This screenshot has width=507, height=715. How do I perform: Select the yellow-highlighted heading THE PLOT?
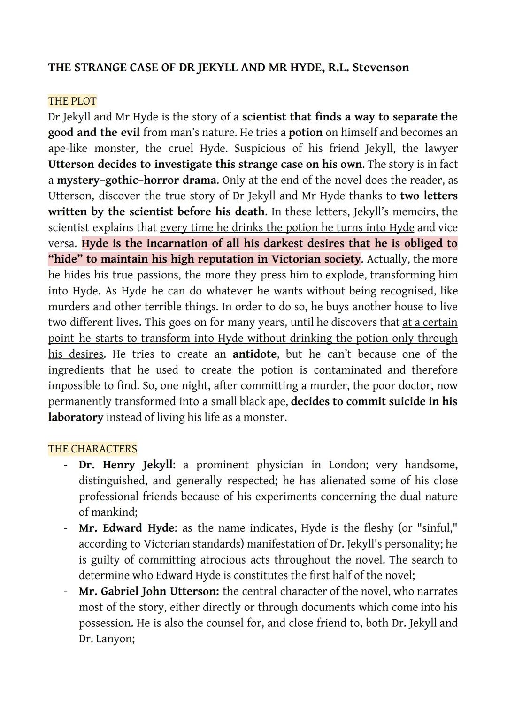point(72,101)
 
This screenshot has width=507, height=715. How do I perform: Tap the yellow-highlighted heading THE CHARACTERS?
point(92,449)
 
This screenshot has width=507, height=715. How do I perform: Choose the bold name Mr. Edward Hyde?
point(127,528)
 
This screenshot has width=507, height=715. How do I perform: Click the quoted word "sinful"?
point(436,528)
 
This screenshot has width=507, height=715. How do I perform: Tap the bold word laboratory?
point(76,417)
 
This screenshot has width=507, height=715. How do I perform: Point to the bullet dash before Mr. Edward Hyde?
point(66,528)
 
